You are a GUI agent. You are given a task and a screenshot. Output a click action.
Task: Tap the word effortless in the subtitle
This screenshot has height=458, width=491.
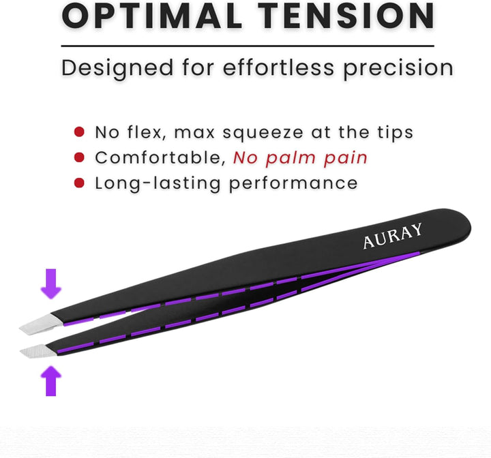click(257, 67)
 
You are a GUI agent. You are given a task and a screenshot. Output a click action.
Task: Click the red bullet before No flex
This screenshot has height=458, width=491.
click(80, 132)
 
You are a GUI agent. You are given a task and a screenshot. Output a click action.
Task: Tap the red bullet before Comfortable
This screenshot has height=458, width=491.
click(80, 157)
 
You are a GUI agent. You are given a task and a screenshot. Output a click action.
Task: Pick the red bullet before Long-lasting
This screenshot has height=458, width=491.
click(80, 183)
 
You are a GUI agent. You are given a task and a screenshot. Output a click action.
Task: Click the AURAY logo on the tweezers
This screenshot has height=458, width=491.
click(392, 236)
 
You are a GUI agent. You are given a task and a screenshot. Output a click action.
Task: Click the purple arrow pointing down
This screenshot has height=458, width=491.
click(50, 284)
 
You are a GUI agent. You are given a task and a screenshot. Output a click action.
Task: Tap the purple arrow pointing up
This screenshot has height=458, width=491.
click(50, 380)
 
